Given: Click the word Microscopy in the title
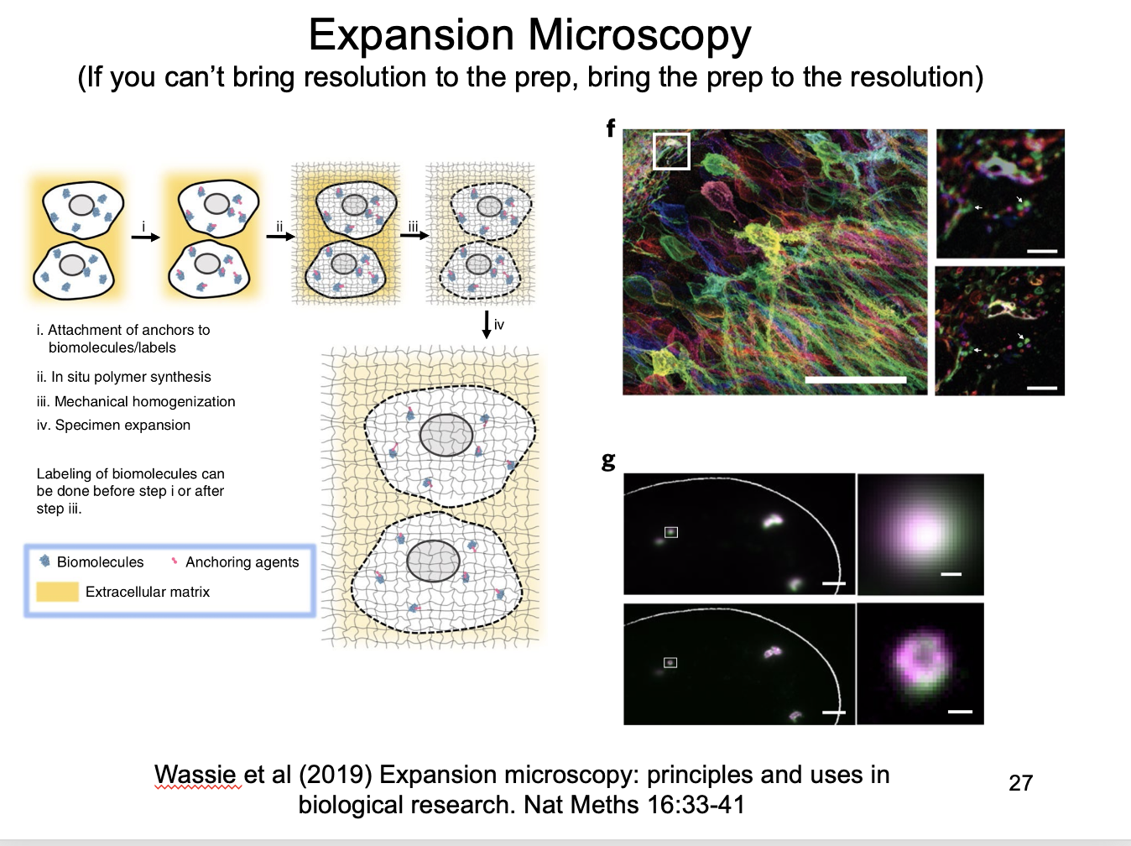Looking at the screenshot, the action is click(x=639, y=35).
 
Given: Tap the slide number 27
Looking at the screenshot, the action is click(x=1021, y=783).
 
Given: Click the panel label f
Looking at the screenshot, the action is click(x=611, y=128).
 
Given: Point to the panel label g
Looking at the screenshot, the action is click(x=608, y=461).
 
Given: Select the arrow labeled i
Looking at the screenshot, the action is click(x=145, y=237).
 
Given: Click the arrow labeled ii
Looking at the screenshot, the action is click(x=280, y=237).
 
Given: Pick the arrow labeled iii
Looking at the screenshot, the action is click(x=414, y=236).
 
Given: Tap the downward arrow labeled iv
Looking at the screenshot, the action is click(x=486, y=325).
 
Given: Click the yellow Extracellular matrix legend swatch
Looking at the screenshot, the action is click(x=57, y=592).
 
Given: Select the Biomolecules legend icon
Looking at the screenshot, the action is click(x=44, y=561).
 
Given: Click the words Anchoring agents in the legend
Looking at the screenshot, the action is click(x=242, y=561).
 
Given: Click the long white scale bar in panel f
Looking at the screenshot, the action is click(x=855, y=379).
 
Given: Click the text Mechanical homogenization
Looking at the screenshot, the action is click(x=145, y=401).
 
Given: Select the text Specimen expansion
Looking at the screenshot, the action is click(x=122, y=425).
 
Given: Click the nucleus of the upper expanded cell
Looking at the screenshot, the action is click(x=446, y=436).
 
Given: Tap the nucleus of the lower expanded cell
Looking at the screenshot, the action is click(x=433, y=561).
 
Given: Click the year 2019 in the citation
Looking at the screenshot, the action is click(x=336, y=775).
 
